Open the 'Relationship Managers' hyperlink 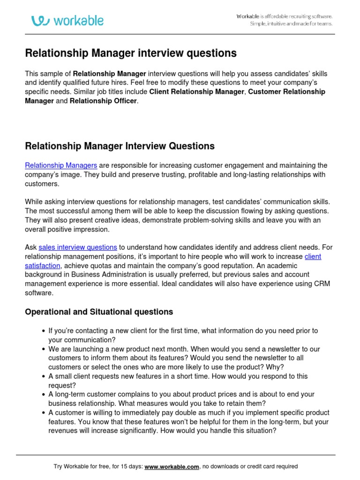[61, 165]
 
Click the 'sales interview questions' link [78, 247]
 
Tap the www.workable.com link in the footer [172, 466]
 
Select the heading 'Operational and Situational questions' [99, 312]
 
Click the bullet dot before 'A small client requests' [44, 376]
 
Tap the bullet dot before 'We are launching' [44, 349]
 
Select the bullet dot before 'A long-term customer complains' [44, 395]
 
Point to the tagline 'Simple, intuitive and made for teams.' [291, 24]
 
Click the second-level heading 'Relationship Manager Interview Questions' [120, 146]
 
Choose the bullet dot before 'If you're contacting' [44, 331]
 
